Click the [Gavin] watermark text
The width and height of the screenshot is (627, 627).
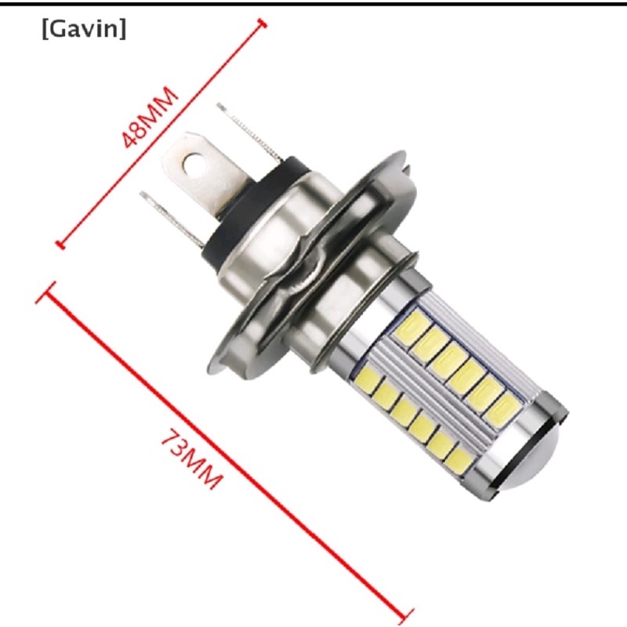pyautogui.click(x=84, y=30)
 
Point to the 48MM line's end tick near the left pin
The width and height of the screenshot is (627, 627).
pyautogui.click(x=60, y=245)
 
